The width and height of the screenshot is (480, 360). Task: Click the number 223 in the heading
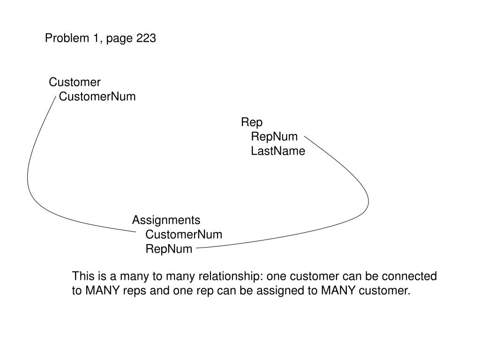pos(146,38)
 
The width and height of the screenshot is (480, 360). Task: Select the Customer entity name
pos(75,82)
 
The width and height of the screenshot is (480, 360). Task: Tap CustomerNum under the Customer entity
pos(97,97)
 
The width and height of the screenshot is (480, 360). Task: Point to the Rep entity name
pos(252,122)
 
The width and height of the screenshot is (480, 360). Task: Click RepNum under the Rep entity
pos(274,137)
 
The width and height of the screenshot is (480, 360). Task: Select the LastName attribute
pos(278,151)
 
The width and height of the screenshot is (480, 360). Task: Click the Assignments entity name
pos(166,220)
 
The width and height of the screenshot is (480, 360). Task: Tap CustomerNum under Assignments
pos(184,234)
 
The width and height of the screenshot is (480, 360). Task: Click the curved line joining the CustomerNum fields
pos(28,178)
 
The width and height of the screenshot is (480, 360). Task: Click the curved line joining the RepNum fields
pos(368,202)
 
